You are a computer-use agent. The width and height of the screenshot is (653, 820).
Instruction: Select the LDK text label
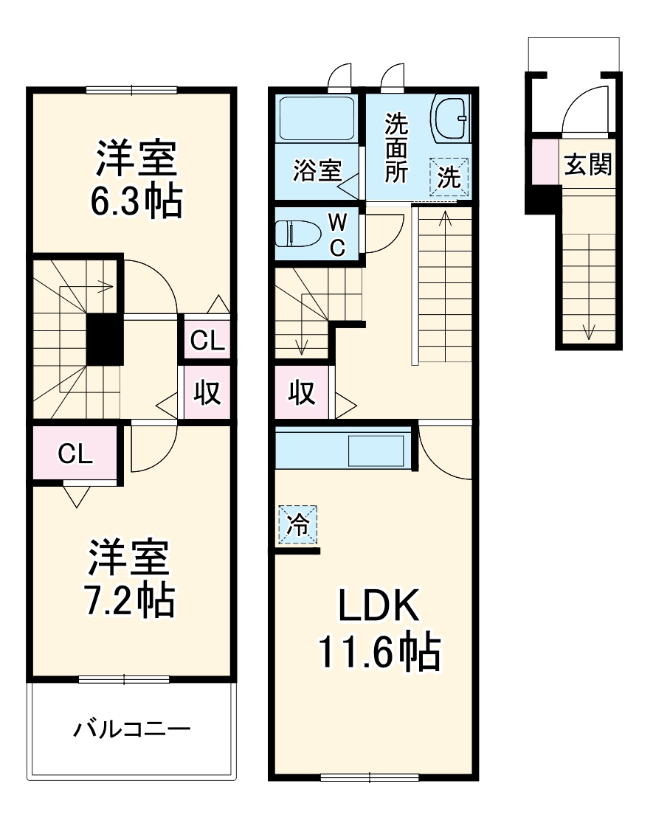[x=379, y=606]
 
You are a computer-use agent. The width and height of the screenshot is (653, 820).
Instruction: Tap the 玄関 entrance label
[x=588, y=165]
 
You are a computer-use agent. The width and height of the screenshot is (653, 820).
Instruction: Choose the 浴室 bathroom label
[x=317, y=171]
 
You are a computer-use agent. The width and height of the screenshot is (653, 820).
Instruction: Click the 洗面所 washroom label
[x=396, y=148]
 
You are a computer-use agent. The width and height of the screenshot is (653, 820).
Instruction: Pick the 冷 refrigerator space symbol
[x=297, y=524]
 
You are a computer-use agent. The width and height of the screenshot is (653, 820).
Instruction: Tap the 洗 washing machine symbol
[x=449, y=178]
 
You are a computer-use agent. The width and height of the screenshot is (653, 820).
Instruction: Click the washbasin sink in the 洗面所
[x=449, y=117]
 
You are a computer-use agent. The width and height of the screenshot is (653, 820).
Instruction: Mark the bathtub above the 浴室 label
[x=316, y=117]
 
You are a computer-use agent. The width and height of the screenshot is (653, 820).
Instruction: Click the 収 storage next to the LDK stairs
[x=302, y=393]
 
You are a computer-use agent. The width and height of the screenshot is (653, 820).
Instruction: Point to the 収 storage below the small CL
[x=207, y=393]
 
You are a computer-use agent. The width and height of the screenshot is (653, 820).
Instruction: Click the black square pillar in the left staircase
[x=105, y=339]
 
